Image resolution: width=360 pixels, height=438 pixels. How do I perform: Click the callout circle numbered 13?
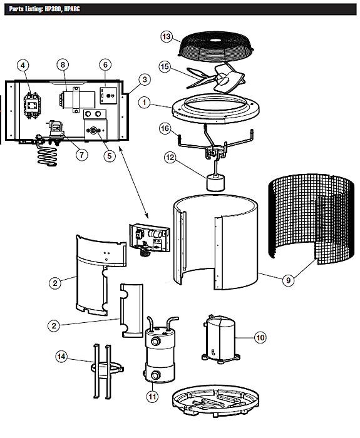pos(167,36)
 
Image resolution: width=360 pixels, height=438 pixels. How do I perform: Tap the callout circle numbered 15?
pos(165,66)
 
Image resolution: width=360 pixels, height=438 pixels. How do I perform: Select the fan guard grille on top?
pos(216,46)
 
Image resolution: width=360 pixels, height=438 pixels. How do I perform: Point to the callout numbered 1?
pos(145,103)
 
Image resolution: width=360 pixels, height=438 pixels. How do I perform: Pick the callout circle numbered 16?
pos(165,128)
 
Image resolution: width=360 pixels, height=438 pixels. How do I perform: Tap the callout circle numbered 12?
pos(170,158)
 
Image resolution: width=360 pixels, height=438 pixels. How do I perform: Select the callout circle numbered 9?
pos(289,280)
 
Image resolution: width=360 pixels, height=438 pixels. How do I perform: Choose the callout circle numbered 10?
pos(260,338)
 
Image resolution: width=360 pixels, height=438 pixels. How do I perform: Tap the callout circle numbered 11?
pos(152,396)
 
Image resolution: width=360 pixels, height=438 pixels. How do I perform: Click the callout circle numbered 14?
pos(61,357)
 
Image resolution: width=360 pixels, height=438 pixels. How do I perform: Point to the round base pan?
pos(216,401)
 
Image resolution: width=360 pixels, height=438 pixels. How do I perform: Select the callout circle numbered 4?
pos(23,66)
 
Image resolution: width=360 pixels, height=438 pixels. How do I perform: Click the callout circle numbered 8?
pos(63,65)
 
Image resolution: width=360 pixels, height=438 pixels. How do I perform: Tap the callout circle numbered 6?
pos(105,65)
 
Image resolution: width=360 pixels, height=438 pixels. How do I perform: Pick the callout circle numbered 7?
pos(82,155)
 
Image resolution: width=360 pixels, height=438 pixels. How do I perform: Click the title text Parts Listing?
pos(26,9)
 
